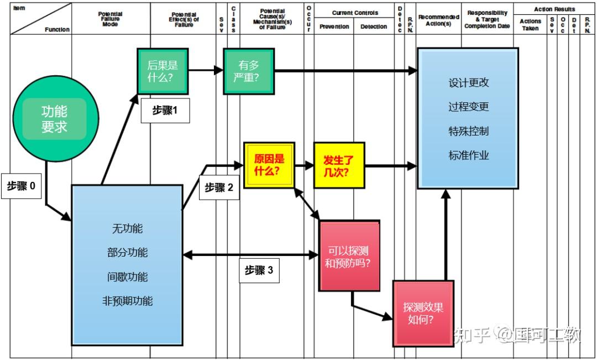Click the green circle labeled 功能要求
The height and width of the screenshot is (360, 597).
(x=54, y=119)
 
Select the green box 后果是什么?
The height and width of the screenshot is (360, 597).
(x=163, y=71)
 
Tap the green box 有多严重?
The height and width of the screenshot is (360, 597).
(x=249, y=71)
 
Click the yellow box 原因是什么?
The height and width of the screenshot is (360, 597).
(x=269, y=165)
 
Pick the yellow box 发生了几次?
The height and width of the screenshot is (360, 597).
(x=339, y=165)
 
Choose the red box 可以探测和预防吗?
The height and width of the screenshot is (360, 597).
(x=349, y=256)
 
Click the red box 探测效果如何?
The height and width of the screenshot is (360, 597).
(x=423, y=314)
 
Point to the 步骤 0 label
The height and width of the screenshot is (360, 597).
(x=22, y=187)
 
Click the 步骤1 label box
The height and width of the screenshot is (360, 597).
(x=165, y=111)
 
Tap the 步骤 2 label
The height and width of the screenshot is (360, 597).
(x=219, y=187)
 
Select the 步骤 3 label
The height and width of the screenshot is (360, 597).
(x=259, y=270)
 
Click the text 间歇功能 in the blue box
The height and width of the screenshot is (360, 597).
(x=127, y=276)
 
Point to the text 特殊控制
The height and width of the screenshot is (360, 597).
(x=468, y=131)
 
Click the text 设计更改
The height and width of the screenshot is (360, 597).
(x=468, y=83)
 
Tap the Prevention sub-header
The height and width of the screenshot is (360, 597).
(x=334, y=27)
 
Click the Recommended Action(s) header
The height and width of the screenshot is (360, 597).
(x=438, y=20)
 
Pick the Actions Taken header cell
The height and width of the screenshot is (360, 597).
(x=530, y=25)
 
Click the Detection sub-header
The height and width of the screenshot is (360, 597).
(x=374, y=27)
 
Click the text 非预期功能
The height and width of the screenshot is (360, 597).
(x=127, y=301)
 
